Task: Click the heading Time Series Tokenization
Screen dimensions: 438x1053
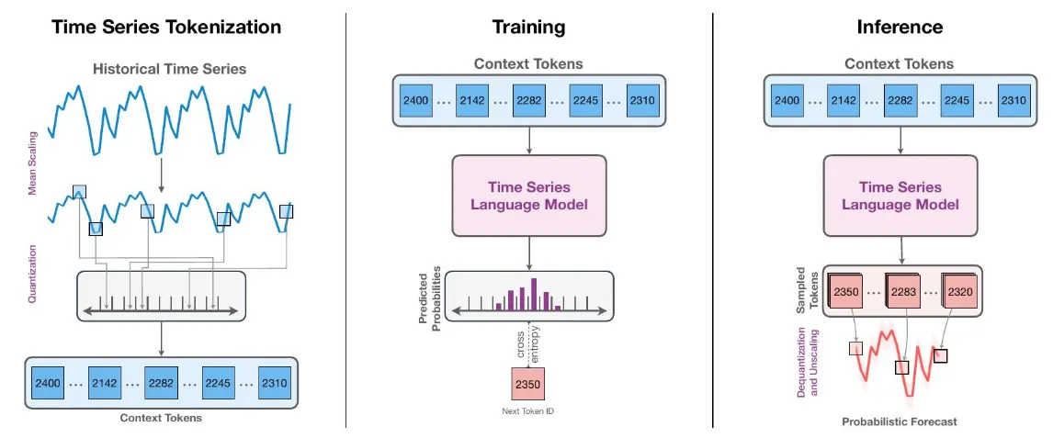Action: click(x=166, y=27)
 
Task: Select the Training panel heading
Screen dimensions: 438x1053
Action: click(x=528, y=27)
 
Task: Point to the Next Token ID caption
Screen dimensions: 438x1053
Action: click(x=528, y=411)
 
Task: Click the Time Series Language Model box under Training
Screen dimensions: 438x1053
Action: click(x=528, y=196)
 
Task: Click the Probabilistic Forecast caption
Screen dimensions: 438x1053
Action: click(x=900, y=421)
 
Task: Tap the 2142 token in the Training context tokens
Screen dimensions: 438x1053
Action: click(x=474, y=100)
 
